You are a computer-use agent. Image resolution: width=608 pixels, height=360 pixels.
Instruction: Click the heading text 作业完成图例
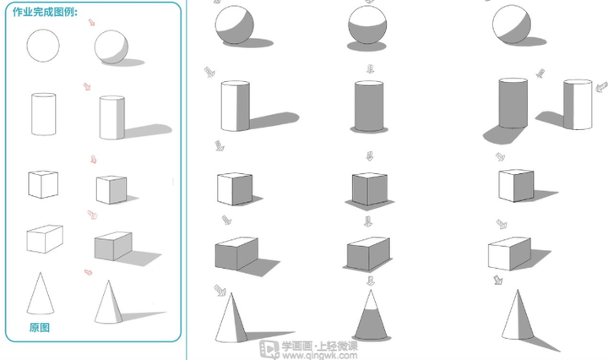[45, 12]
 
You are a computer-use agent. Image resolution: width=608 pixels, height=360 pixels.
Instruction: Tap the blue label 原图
[40, 328]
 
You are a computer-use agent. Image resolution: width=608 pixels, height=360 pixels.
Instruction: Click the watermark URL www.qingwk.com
[320, 355]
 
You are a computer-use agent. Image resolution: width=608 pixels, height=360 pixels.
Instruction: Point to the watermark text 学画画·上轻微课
[320, 346]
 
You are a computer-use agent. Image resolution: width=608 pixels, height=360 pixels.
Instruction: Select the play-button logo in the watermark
[269, 349]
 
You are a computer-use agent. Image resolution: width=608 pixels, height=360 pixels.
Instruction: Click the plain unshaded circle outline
[43, 46]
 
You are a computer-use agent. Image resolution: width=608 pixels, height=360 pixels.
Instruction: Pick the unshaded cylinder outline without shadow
[43, 114]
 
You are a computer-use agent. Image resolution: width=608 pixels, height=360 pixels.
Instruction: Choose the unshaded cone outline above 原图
[41, 294]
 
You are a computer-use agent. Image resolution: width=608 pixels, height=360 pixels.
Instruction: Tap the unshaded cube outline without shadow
[43, 184]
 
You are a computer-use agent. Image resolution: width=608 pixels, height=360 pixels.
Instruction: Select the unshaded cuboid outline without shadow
[45, 238]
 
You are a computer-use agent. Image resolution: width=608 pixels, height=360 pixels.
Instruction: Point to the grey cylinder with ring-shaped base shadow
[369, 106]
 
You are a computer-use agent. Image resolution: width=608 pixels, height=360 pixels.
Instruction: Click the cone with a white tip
[371, 314]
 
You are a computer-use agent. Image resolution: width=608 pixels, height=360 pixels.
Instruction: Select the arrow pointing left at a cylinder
[601, 87]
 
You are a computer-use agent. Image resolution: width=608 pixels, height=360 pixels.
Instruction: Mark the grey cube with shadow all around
[369, 189]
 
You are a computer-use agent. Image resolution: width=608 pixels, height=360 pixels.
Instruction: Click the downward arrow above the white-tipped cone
[371, 280]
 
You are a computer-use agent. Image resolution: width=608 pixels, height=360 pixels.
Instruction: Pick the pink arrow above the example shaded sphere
[91, 23]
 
